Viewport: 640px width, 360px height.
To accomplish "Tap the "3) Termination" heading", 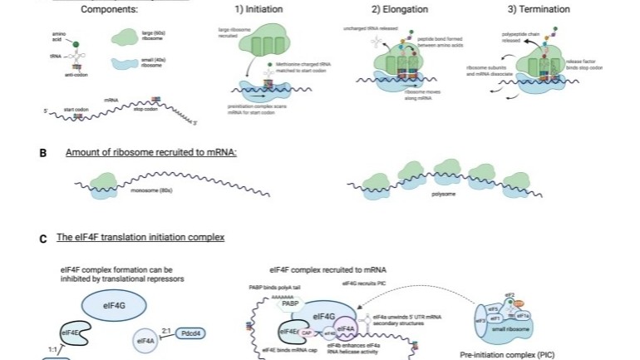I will (539, 9).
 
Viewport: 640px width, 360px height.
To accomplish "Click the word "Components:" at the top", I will (110, 9).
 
